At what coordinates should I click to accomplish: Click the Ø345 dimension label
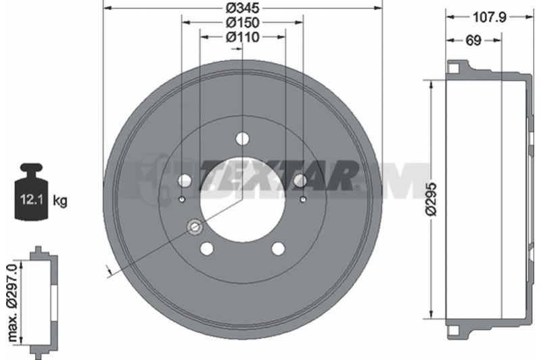[x=243, y=7]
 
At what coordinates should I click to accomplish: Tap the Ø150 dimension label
[x=243, y=22]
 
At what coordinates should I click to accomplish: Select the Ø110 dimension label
[x=243, y=37]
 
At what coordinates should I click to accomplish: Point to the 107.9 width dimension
[x=489, y=17]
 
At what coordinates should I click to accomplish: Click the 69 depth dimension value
[x=473, y=41]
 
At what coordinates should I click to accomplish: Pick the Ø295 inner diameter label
[x=431, y=200]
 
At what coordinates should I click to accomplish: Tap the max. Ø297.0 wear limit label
[x=12, y=302]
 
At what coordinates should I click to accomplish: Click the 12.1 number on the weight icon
[x=31, y=200]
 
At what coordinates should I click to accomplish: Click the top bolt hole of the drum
[x=243, y=139]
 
